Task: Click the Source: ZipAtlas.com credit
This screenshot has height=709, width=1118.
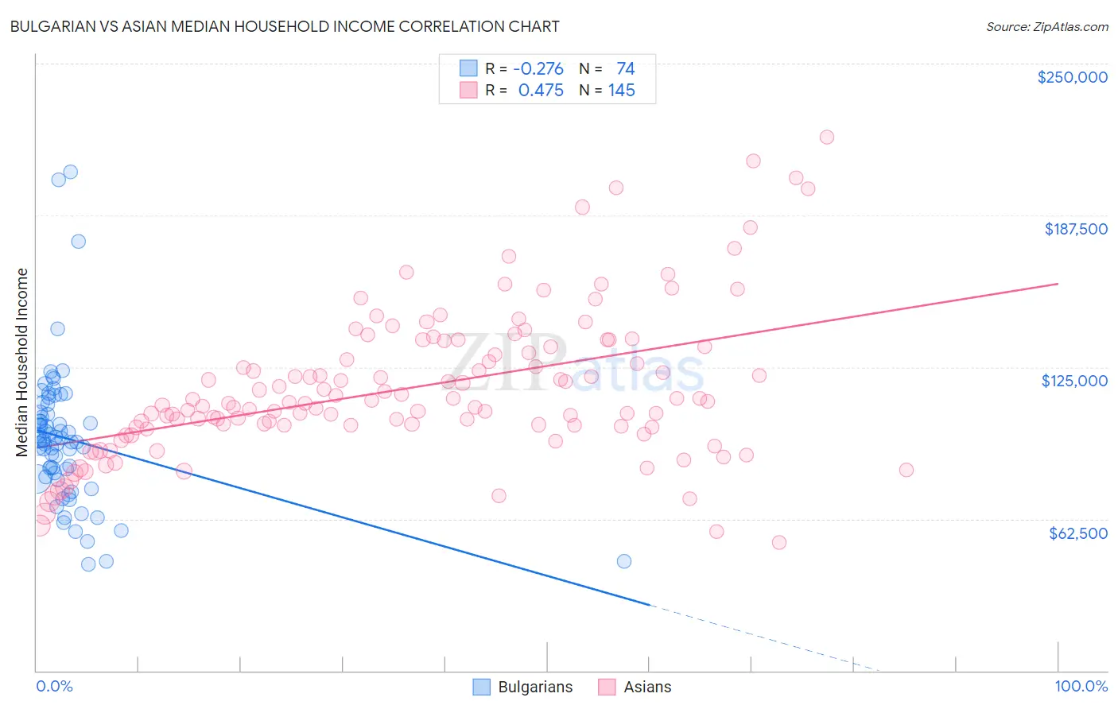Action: [1046, 26]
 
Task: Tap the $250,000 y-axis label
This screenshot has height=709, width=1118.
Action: [1072, 77]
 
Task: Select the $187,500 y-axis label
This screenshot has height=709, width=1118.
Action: [1075, 229]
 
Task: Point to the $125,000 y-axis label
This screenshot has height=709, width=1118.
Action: [1074, 381]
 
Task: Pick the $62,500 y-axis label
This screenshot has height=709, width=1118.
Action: [1078, 533]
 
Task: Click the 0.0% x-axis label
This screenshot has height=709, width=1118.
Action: [54, 686]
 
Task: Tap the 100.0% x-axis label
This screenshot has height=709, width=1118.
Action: [1081, 686]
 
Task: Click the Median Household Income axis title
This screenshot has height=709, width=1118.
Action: [22, 362]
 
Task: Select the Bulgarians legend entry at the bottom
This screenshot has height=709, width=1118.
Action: [534, 687]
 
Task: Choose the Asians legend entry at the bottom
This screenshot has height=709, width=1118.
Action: [646, 687]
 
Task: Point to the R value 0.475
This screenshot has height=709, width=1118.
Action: [541, 91]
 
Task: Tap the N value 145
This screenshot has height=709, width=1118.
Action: [621, 91]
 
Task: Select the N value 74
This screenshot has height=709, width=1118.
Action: [625, 68]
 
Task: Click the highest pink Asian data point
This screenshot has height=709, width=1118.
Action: [826, 137]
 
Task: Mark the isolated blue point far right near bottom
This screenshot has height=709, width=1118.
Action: [624, 561]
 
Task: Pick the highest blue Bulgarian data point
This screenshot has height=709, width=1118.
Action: [70, 172]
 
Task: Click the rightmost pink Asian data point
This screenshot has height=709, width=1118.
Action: [906, 470]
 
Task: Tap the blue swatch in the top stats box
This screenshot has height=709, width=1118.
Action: [468, 68]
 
